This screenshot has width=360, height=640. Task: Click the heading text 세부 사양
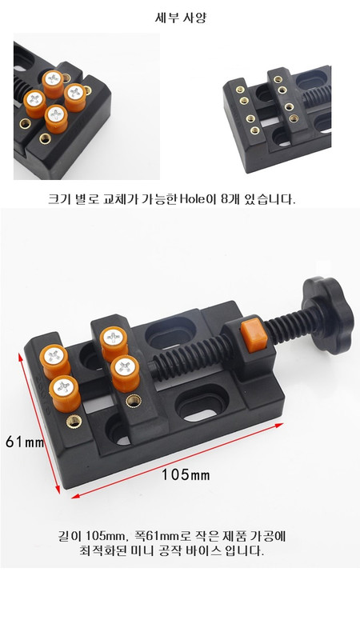(181, 18)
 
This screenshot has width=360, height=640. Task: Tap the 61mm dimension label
(25, 442)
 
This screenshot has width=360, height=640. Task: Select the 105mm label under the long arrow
(186, 474)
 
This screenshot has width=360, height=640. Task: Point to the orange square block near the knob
(254, 334)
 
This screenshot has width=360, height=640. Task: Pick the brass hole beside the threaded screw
(134, 402)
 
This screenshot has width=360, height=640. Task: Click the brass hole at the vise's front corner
(74, 422)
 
